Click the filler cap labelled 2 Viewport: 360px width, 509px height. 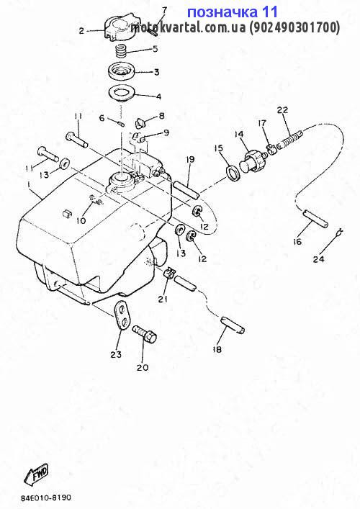(x=119, y=27)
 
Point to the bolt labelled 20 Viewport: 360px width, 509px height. (x=145, y=334)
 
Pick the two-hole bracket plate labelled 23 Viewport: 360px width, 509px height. (x=122, y=314)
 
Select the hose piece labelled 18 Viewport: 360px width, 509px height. (x=233, y=324)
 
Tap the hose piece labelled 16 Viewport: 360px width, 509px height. (x=315, y=218)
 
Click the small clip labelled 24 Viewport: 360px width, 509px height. (x=339, y=233)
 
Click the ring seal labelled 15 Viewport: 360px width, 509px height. (x=233, y=172)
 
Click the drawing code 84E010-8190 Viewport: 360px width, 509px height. (x=46, y=497)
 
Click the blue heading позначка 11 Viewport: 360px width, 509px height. (x=233, y=12)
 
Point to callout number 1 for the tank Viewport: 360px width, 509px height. (x=29, y=185)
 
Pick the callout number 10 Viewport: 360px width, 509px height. (x=81, y=221)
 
